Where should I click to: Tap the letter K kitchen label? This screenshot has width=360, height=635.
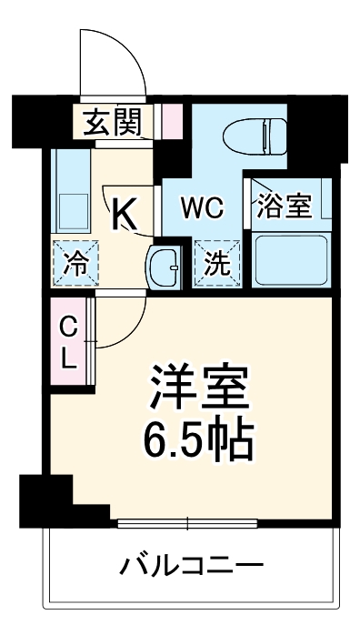click(x=125, y=215)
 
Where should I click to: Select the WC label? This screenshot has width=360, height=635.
click(x=201, y=207)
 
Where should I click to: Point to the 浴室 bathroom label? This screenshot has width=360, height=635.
click(x=285, y=207)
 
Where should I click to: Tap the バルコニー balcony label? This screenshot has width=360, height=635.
click(x=192, y=568)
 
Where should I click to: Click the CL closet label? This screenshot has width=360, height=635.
click(x=67, y=340)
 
